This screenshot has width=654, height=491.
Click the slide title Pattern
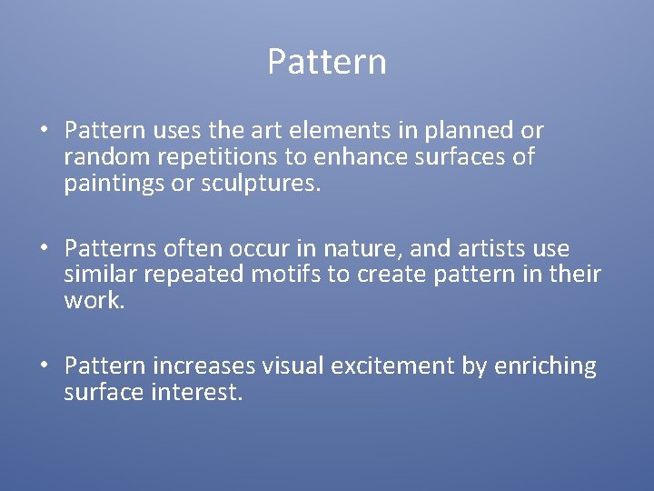[327, 62]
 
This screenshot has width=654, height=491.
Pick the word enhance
[358, 157]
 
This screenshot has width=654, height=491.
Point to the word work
[94, 301]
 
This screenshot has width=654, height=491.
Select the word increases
[204, 366]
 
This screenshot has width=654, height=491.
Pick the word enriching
[545, 366]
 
